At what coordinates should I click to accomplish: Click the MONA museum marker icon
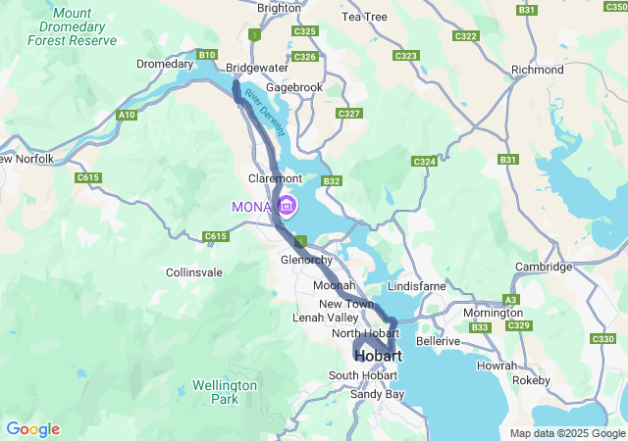(288, 206)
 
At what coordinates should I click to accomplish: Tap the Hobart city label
(378, 356)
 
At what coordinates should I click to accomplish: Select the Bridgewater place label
(256, 69)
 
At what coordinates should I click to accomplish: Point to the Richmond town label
(538, 71)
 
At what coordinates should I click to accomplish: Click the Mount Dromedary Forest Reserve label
(72, 26)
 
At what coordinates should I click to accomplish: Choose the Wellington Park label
(225, 392)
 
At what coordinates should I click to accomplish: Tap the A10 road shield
(126, 116)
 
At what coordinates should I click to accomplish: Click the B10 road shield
(206, 55)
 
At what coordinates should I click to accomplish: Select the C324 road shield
(424, 161)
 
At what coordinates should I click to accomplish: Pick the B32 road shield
(332, 181)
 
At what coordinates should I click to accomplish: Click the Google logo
(32, 429)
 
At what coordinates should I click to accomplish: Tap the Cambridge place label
(543, 267)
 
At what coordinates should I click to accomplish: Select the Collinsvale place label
(195, 272)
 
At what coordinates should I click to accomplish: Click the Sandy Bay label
(377, 394)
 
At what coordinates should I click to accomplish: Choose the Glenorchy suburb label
(307, 260)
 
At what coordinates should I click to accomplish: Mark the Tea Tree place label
(364, 18)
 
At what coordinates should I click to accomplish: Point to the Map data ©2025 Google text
(567, 433)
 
